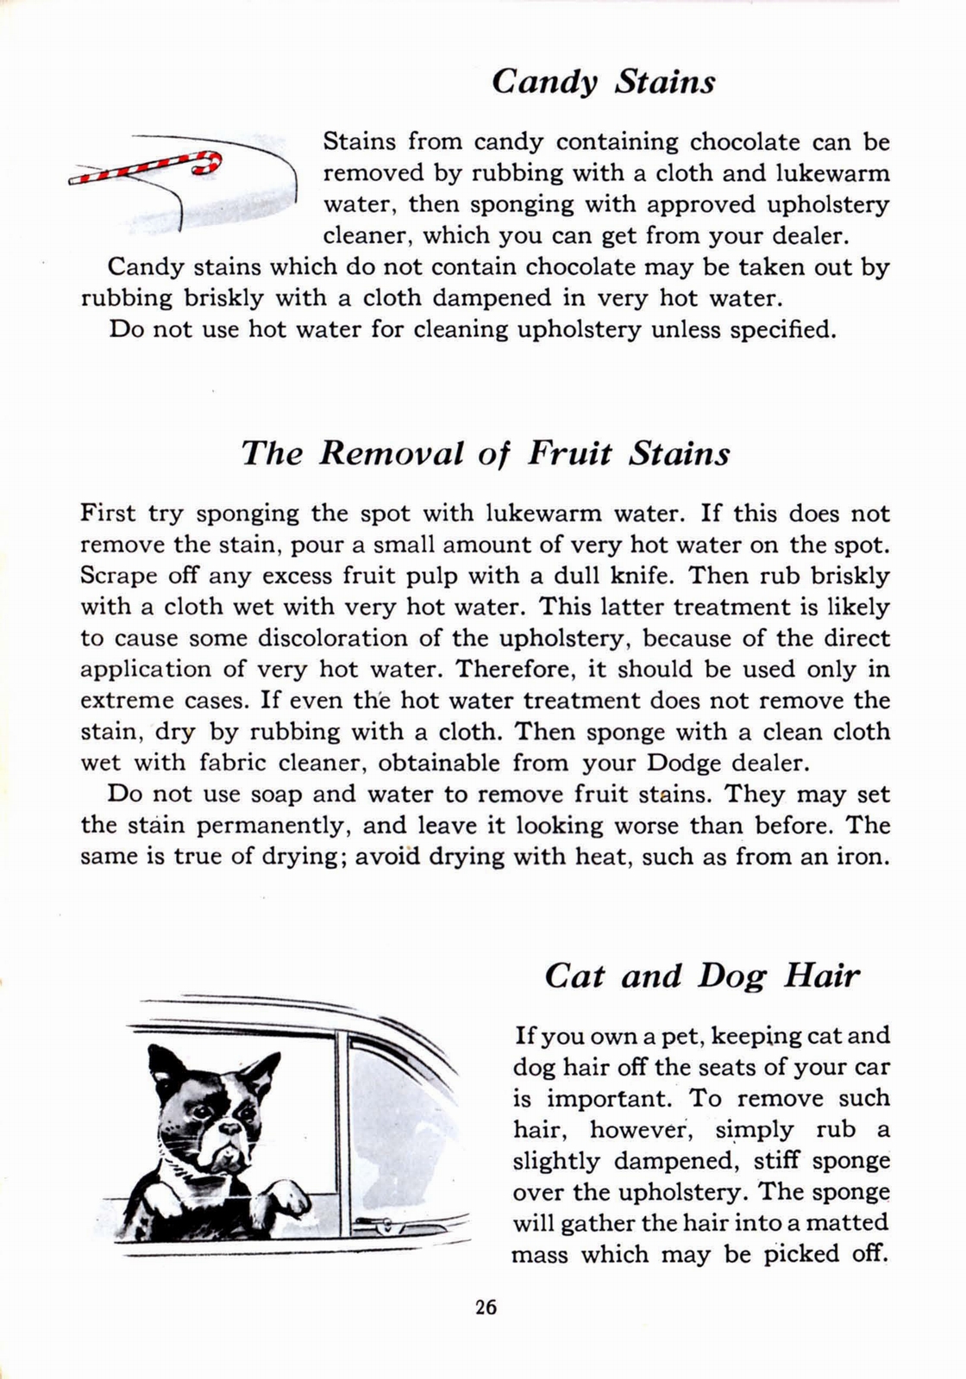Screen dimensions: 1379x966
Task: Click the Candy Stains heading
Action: (x=603, y=82)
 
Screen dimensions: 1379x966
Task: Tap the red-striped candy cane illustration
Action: (x=147, y=167)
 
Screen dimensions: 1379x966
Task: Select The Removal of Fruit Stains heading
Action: (x=486, y=452)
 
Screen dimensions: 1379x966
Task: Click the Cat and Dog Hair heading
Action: (x=702, y=976)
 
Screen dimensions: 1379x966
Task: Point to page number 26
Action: (x=486, y=1307)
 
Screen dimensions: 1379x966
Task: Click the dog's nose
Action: (x=231, y=1127)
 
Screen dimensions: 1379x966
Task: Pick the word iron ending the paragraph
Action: (x=865, y=857)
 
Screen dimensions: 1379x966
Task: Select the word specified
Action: (x=782, y=329)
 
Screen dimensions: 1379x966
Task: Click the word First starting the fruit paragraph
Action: (x=108, y=514)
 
